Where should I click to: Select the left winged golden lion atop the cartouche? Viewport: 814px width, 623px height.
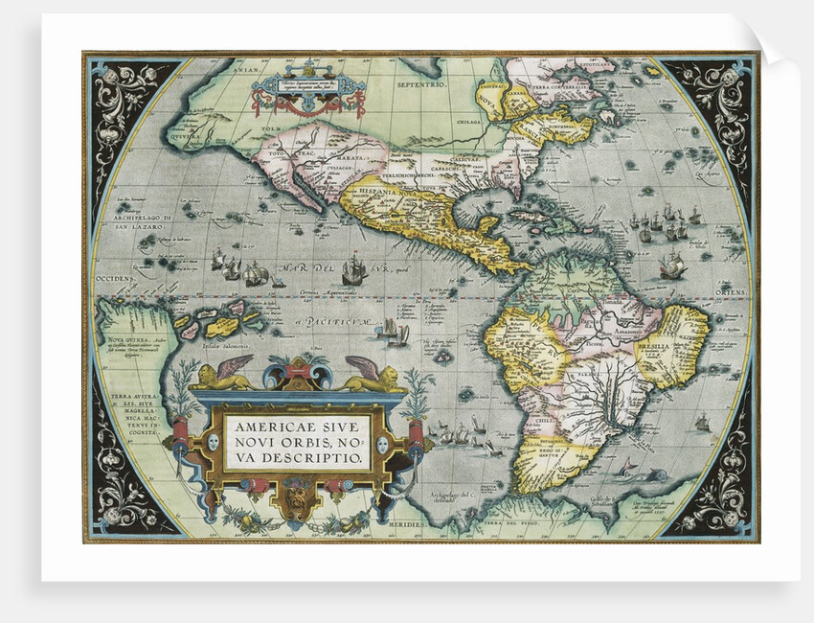click(223, 375)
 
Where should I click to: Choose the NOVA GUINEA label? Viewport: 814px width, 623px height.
click(123, 338)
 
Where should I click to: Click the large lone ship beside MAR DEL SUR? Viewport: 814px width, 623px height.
click(353, 268)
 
